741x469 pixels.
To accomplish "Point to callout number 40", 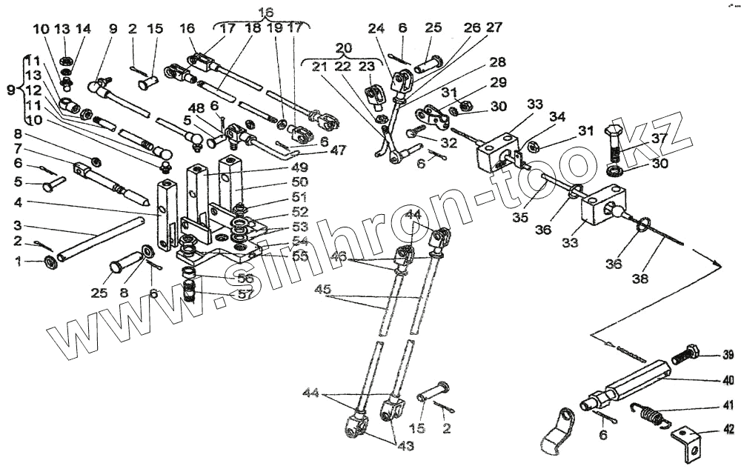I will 728,380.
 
